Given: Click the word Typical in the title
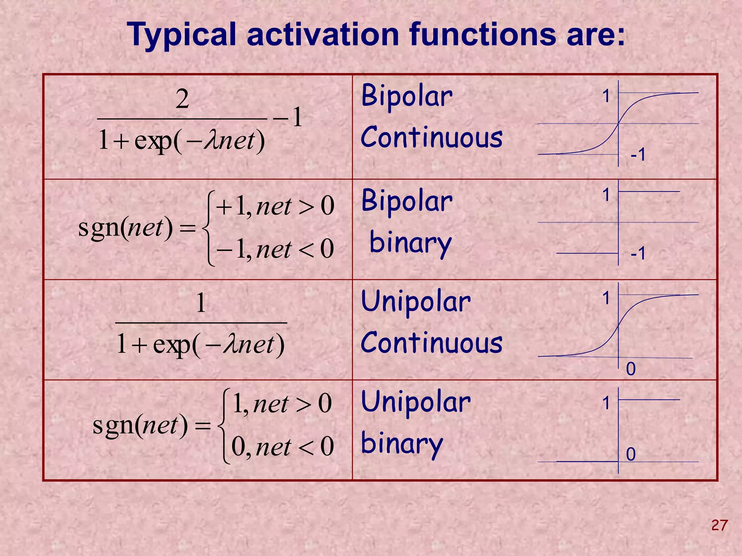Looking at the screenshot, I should pyautogui.click(x=187, y=35).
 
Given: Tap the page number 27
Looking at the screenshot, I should pyautogui.click(x=719, y=525).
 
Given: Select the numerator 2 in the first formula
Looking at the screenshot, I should pyautogui.click(x=182, y=99).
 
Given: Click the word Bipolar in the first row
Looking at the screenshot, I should pyautogui.click(x=407, y=96).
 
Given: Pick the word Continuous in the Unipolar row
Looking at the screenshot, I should pyautogui.click(x=432, y=343).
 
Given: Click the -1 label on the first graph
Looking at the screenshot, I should pyautogui.click(x=638, y=155).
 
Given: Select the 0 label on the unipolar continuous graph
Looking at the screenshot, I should pyautogui.click(x=631, y=369).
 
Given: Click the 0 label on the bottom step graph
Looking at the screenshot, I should pyautogui.click(x=631, y=454).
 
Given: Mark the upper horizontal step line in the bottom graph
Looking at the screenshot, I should pyautogui.click(x=649, y=400).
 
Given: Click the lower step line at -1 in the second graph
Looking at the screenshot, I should pyautogui.click(x=587, y=253).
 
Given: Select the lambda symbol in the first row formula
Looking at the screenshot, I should pyautogui.click(x=210, y=141).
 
